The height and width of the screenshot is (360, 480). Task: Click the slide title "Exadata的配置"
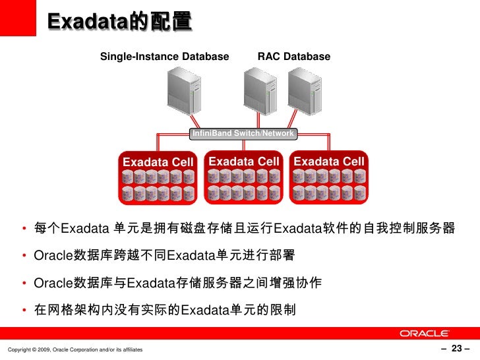click(119, 22)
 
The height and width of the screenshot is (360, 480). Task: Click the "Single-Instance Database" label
click(164, 57)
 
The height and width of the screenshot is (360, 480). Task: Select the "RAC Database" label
click(293, 57)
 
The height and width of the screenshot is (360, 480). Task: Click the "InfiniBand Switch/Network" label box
click(243, 134)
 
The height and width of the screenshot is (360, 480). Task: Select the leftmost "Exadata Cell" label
click(158, 162)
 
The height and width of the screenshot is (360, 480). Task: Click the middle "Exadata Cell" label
click(244, 162)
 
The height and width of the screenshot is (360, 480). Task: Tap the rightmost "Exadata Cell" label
click(328, 162)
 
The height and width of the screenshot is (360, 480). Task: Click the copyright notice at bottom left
click(73, 349)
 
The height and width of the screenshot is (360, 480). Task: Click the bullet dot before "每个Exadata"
click(23, 230)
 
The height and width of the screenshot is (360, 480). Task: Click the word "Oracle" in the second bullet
click(51, 256)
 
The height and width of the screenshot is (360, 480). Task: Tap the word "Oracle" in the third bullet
click(51, 284)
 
